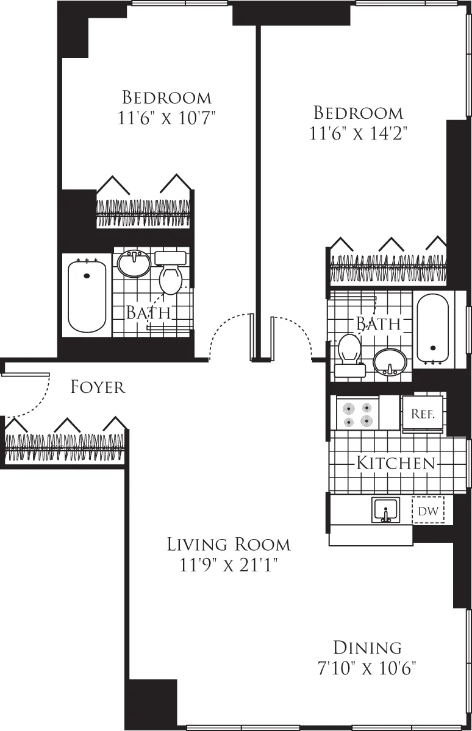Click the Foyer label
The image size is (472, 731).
coord(98,387)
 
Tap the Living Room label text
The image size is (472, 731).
coord(229,544)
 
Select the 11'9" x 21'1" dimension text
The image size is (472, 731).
coord(229,566)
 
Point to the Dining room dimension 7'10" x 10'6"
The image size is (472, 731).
coord(367,668)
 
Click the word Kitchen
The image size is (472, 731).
coord(396,463)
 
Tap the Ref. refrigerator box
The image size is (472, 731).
coord(422,414)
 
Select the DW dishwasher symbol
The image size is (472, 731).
coord(428,511)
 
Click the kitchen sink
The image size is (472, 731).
coord(385,510)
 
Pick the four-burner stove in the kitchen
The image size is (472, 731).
coord(357,414)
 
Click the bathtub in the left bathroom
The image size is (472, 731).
coord(87,295)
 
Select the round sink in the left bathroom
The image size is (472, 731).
coord(134,264)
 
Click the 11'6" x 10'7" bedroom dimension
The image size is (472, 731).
coord(167,118)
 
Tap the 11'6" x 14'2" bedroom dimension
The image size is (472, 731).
coord(358,133)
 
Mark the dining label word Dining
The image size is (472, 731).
coord(367,647)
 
